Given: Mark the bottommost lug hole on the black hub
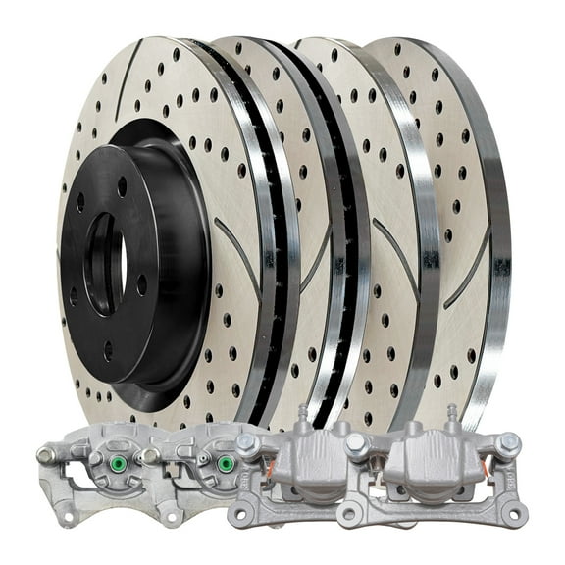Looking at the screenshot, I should [x=107, y=347].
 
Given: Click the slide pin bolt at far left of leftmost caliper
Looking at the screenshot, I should [x=45, y=454].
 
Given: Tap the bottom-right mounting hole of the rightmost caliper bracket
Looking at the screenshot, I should [x=511, y=512].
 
